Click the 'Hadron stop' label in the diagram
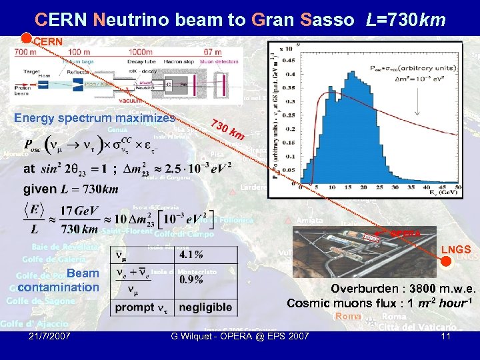pyautogui.click(x=173, y=60)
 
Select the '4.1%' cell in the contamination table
pyautogui.click(x=191, y=254)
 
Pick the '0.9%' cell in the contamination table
pyautogui.click(x=191, y=279)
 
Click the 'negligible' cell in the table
pyautogui.click(x=205, y=307)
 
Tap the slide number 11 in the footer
pyautogui.click(x=446, y=337)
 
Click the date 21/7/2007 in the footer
pyautogui.click(x=51, y=336)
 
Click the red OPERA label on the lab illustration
pyautogui.click(x=405, y=233)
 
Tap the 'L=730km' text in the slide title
pyautogui.click(x=406, y=19)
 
